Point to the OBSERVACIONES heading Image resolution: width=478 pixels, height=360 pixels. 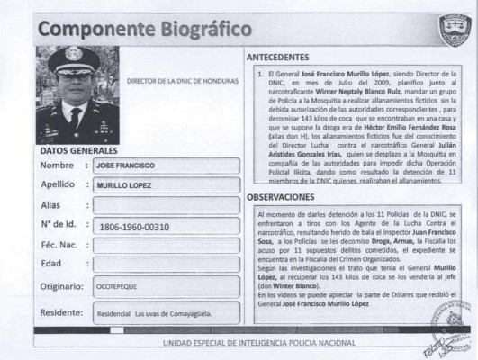281,196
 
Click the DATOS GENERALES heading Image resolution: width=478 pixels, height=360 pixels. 78,151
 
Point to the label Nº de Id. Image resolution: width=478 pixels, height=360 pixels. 59,225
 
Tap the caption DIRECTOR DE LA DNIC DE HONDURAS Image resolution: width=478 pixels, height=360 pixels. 183,81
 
